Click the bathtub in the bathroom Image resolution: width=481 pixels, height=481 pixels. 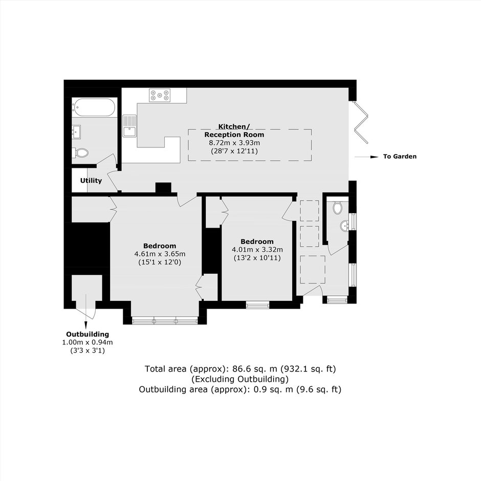point(94,107)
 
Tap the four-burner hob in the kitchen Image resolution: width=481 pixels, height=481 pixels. point(160,95)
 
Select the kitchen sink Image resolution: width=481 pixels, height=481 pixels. point(129,126)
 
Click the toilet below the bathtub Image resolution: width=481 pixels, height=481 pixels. point(80,152)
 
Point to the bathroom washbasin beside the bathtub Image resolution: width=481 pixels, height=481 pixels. point(76,132)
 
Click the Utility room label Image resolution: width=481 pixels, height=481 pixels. point(91,180)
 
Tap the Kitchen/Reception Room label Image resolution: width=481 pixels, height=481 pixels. point(234,130)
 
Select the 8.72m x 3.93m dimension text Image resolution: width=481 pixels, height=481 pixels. point(234,143)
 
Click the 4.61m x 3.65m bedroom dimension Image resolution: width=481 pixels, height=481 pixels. point(160,254)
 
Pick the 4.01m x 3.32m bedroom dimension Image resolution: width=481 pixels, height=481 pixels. point(257,250)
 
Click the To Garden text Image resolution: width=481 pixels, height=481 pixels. point(400,157)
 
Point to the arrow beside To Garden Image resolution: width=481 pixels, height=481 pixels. point(366,157)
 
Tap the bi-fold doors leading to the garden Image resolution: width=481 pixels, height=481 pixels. point(361,122)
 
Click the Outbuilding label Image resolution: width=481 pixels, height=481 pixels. point(88,334)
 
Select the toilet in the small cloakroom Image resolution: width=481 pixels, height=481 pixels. point(337,208)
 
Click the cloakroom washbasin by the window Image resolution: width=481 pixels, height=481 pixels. point(344,226)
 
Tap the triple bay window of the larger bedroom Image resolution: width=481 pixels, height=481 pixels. point(165,321)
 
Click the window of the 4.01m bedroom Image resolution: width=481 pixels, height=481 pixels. point(257,304)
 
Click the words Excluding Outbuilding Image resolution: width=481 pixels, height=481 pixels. point(240,379)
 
